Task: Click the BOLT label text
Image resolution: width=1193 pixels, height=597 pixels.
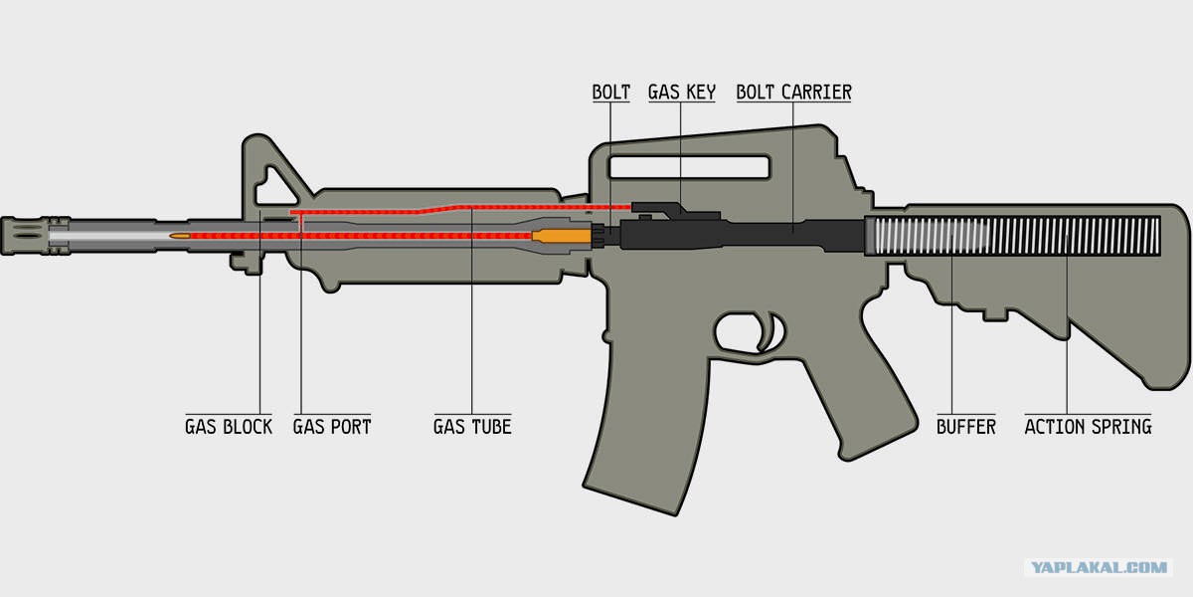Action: coord(610,93)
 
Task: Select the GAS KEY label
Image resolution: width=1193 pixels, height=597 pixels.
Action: coord(682,93)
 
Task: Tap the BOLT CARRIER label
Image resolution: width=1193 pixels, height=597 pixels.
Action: coord(793,93)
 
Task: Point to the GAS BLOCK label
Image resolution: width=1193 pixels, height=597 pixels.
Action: coord(229,427)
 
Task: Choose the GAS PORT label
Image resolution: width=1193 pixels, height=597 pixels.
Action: coord(332,427)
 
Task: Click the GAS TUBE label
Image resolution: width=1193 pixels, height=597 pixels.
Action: coord(472,427)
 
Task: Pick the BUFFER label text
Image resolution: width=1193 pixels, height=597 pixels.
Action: coord(966,427)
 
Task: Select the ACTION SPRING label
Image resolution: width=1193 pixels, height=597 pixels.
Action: coord(1088,427)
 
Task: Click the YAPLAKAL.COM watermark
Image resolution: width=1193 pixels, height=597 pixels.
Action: coord(1100,567)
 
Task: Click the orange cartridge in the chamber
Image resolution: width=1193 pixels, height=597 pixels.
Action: coord(562,236)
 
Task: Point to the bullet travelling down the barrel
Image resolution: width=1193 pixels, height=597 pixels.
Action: coord(180,236)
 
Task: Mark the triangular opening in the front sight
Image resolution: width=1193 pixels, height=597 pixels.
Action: coord(273,188)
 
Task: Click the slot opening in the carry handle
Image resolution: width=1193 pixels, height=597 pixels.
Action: coord(689,167)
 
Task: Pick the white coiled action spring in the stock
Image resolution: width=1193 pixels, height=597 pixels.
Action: coord(1013,236)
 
